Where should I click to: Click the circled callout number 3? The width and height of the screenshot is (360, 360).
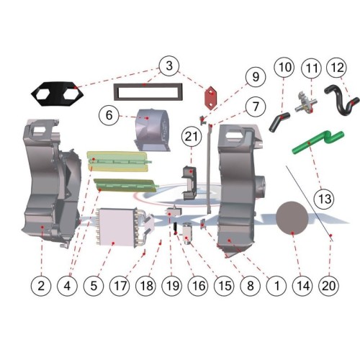(x=169, y=66)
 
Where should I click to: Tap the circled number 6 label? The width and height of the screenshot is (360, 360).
(x=109, y=115)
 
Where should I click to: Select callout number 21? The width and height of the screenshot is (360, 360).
(x=192, y=137)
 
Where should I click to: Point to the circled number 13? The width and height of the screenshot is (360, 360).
(x=324, y=199)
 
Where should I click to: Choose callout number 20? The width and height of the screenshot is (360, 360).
(x=328, y=286)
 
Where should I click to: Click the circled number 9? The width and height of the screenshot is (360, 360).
(x=256, y=77)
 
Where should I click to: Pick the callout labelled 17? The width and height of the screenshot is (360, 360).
(x=120, y=286)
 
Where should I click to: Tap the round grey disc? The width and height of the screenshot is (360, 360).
(x=292, y=217)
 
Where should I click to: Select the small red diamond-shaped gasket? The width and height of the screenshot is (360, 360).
(x=210, y=99)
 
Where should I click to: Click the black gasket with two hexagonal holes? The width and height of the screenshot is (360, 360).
(x=58, y=94)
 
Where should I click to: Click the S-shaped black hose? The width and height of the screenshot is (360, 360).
(x=340, y=101)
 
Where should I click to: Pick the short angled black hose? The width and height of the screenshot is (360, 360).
(x=279, y=122)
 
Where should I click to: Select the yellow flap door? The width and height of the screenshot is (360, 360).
(x=117, y=161)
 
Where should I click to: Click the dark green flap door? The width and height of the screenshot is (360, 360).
(x=125, y=185)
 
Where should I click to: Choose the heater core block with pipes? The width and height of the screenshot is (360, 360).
(x=124, y=227)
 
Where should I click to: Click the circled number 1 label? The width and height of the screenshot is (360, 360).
(x=276, y=286)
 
